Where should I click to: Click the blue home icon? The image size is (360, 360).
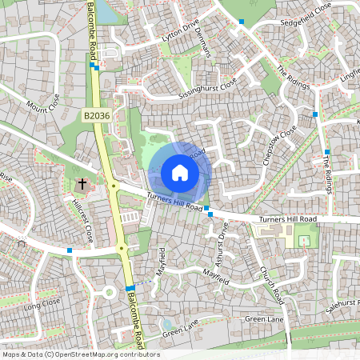click(180, 172)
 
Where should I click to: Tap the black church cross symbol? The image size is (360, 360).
click(81, 185)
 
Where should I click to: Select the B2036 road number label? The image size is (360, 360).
click(97, 117)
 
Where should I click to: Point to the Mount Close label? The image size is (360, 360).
click(43, 103)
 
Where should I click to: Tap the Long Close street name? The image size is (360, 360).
click(42, 305)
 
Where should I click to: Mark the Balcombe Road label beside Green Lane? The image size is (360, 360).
click(137, 319)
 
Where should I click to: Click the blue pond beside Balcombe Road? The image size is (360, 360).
click(110, 10)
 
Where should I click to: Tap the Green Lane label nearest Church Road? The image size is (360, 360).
click(264, 319)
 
